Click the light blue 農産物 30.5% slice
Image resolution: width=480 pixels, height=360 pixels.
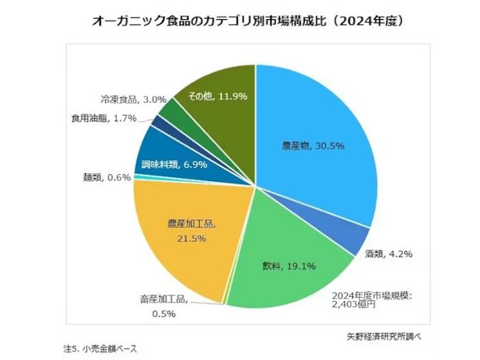pos(315,137)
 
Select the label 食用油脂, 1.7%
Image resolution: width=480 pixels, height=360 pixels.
pos(103,118)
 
